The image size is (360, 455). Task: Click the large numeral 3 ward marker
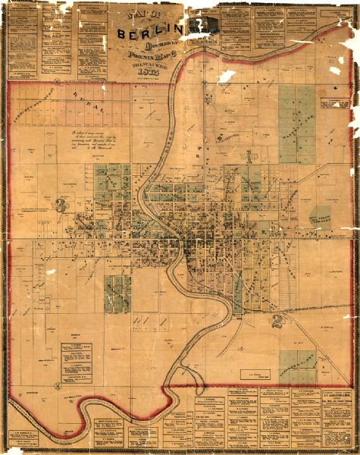click(x=58, y=204)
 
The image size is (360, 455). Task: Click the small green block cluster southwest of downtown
click(x=117, y=293)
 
